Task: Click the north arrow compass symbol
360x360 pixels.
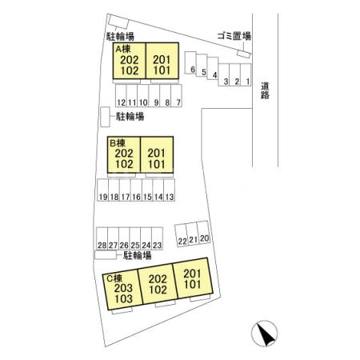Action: (x=264, y=334)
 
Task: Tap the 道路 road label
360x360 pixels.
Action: (x=265, y=90)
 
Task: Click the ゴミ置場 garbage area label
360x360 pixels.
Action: (x=234, y=36)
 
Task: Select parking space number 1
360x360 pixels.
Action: (x=246, y=74)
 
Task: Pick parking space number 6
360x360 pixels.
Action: (x=190, y=62)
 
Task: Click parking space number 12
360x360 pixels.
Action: (x=121, y=95)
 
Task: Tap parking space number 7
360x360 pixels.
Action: (x=176, y=95)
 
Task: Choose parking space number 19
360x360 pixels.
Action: (x=102, y=190)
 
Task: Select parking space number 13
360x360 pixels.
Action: (x=170, y=190)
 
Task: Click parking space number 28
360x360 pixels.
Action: (x=102, y=238)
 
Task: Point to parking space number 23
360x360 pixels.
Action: (x=157, y=238)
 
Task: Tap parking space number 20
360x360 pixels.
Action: (x=204, y=232)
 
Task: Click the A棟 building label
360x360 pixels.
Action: (x=123, y=49)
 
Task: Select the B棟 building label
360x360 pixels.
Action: (x=118, y=143)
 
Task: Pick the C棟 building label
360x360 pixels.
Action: (x=114, y=278)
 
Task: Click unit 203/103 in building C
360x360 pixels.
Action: (x=122, y=290)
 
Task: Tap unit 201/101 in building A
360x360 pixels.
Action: (x=162, y=61)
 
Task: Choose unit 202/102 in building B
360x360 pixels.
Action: (x=124, y=154)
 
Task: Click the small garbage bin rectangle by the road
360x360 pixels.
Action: (x=244, y=54)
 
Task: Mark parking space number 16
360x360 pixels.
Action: (x=136, y=190)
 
